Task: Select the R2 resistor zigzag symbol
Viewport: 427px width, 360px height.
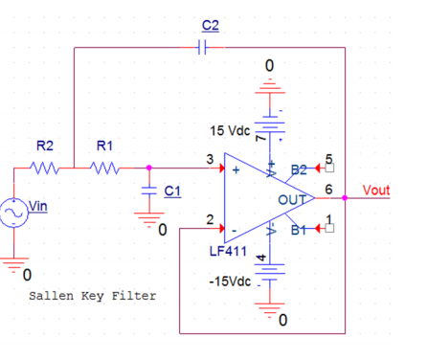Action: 45,168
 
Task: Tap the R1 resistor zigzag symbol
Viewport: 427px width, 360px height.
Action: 105,168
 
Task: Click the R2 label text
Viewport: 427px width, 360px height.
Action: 45,146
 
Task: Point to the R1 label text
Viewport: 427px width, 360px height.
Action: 105,146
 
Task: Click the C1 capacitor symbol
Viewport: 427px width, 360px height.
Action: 148,191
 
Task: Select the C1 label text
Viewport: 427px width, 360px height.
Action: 171,191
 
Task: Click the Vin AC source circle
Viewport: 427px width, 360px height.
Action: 16,213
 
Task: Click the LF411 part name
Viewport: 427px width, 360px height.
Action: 229,251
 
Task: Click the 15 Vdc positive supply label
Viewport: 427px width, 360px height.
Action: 229,129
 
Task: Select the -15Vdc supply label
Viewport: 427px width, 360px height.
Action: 230,282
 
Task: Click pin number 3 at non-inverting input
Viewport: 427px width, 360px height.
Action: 209,160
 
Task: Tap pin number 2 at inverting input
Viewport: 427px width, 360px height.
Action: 209,220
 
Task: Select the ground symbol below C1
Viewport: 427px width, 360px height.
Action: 148,222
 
